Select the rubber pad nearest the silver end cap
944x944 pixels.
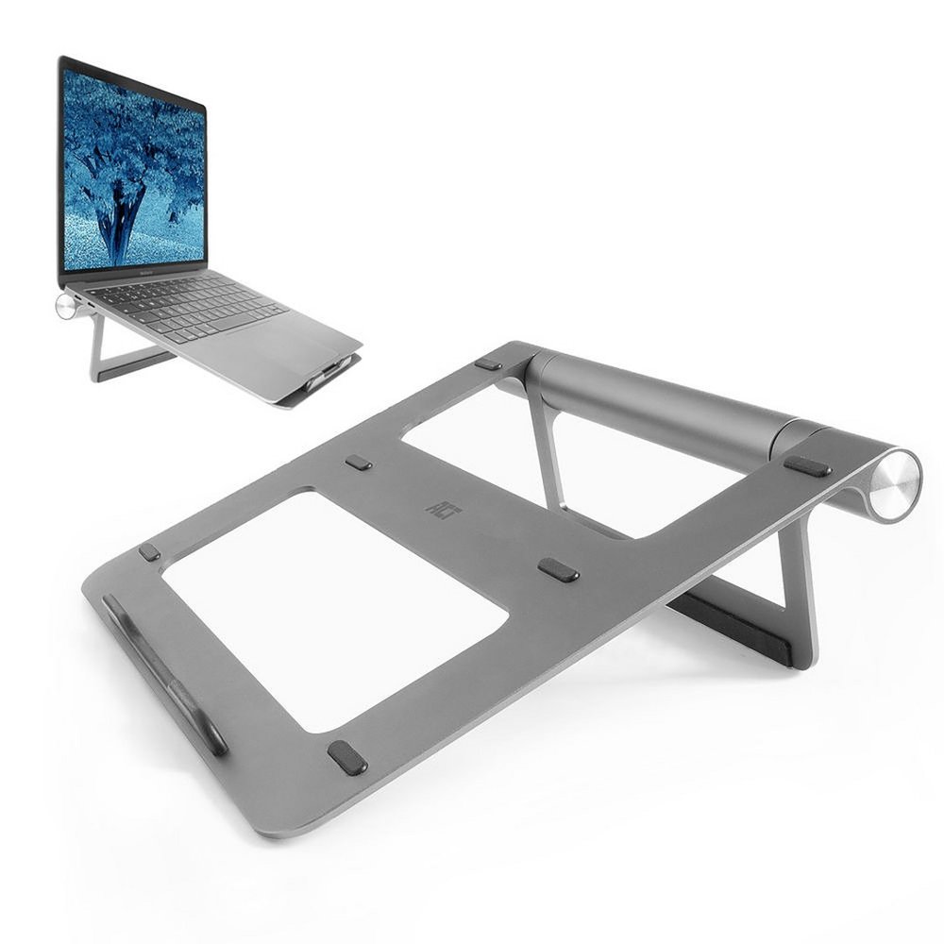pos(807,465)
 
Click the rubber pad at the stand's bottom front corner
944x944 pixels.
pos(346,757)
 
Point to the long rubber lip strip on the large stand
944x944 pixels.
pos(165,673)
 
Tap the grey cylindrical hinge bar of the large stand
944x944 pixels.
pos(661,401)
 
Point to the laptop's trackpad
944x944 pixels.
pos(283,340)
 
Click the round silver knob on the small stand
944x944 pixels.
pos(66,306)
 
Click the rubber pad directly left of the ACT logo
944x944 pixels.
pos(359,463)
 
